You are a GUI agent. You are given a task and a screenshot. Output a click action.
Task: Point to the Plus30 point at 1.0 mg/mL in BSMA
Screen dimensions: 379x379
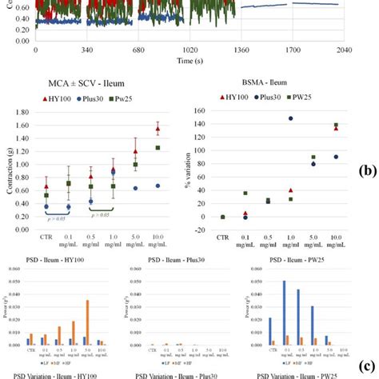click(290, 118)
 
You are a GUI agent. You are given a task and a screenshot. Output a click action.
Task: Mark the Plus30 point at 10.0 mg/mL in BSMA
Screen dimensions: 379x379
click(336, 157)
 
